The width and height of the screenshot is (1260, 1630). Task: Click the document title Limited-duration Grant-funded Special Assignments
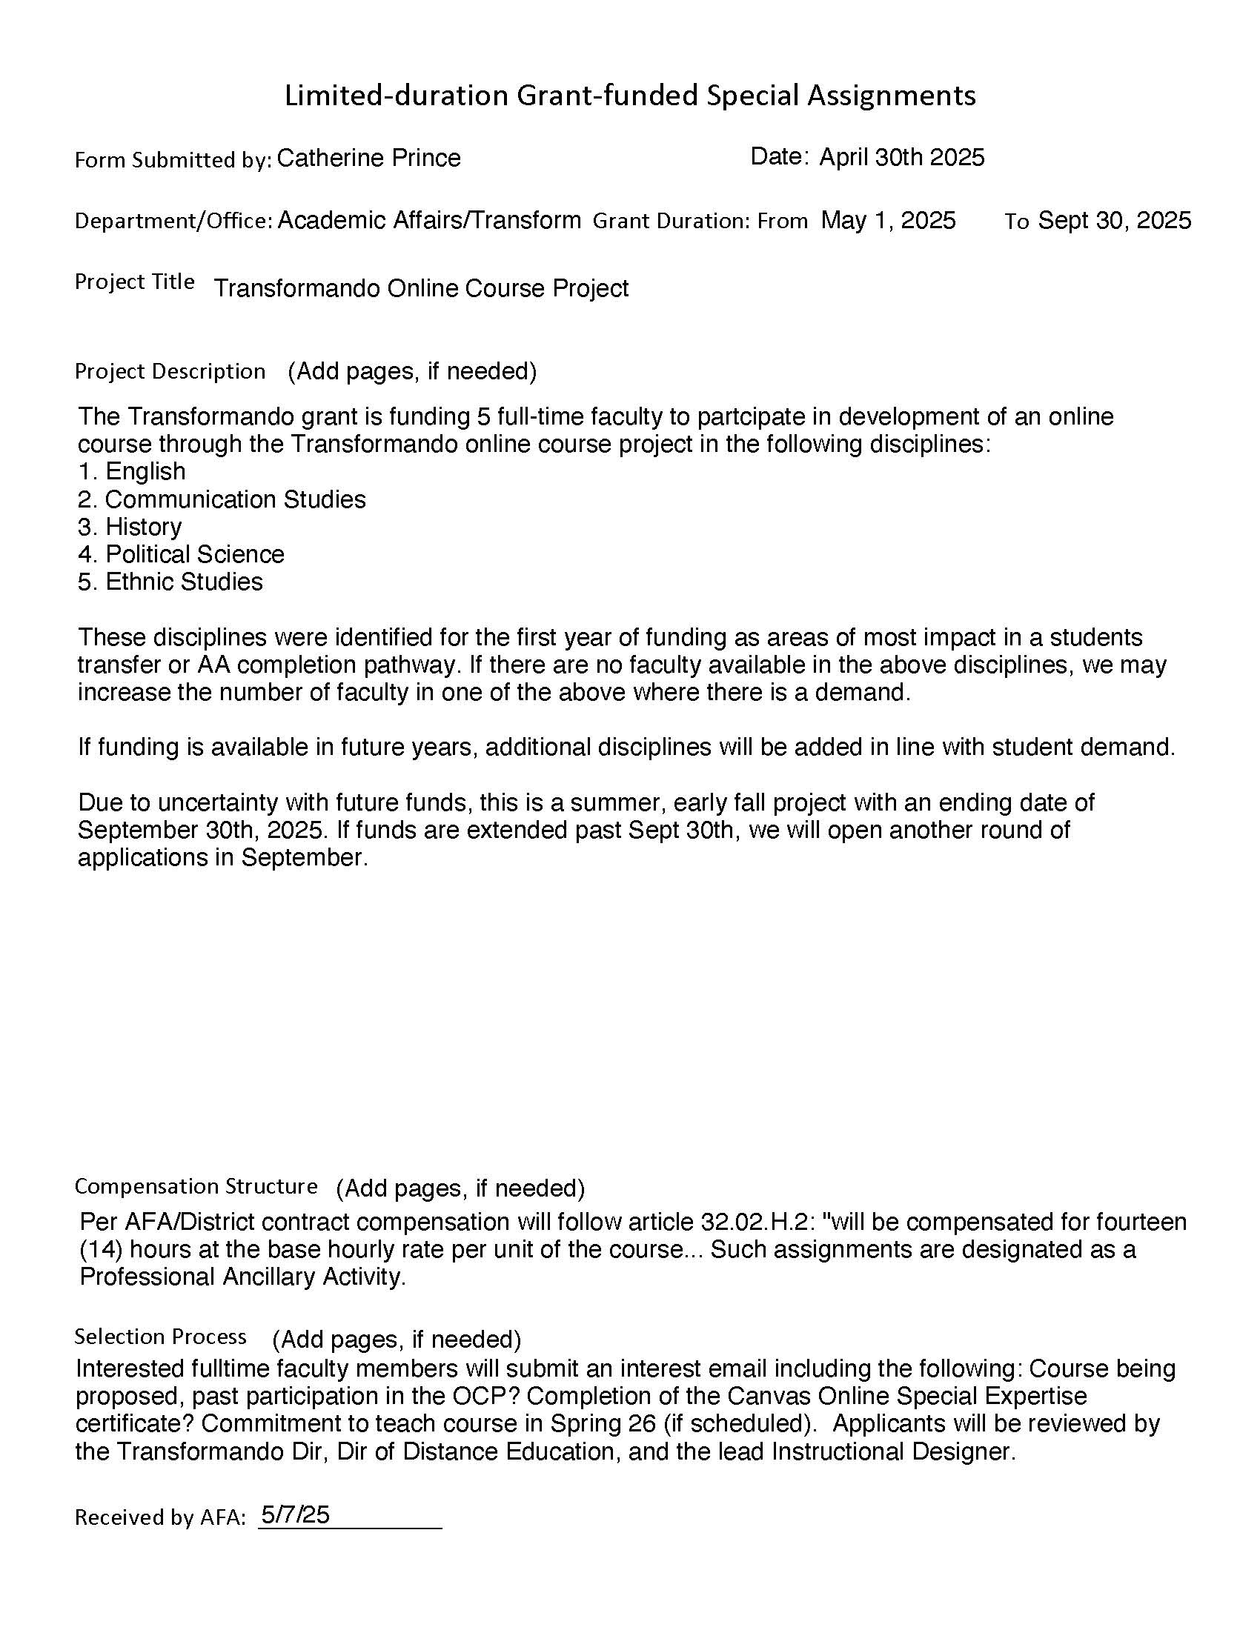[x=630, y=96]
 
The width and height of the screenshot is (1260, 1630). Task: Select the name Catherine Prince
[x=369, y=159]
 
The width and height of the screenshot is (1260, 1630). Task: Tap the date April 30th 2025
[x=902, y=158]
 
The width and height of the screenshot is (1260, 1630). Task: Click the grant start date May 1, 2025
[x=887, y=220]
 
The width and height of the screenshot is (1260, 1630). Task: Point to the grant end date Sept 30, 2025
[x=1115, y=220]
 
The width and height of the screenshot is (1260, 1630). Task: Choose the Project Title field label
[x=134, y=282]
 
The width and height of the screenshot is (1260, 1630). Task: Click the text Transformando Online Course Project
[x=421, y=288]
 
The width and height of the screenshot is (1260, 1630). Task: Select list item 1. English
[x=131, y=472]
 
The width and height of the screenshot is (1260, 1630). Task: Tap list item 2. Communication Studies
[x=222, y=499]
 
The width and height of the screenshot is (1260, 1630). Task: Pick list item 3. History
[x=129, y=527]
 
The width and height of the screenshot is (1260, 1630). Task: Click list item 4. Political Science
[x=181, y=554]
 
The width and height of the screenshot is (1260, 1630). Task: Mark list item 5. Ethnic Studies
[x=170, y=582]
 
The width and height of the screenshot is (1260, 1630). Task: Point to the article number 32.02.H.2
[x=756, y=1222]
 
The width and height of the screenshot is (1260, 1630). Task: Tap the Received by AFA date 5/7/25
[x=295, y=1514]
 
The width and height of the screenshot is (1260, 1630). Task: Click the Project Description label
[x=170, y=372]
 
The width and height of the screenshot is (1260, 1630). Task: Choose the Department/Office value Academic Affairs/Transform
[x=429, y=220]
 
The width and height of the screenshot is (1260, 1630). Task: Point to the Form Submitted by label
[x=173, y=160]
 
